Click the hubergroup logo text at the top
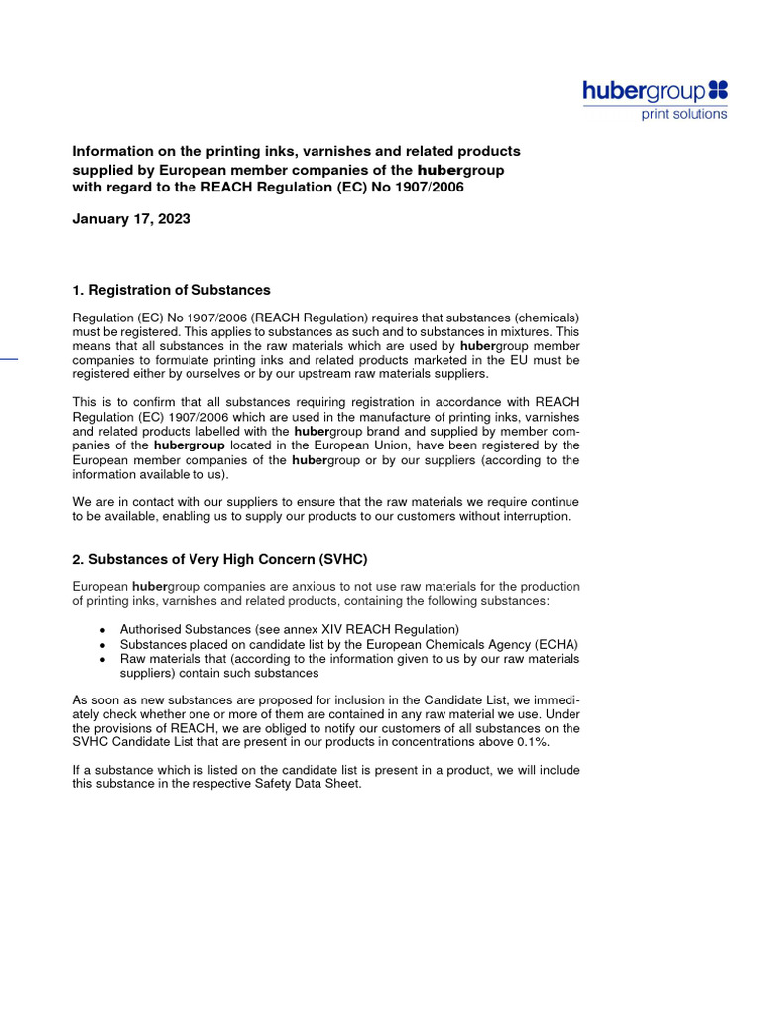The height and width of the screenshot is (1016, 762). [644, 92]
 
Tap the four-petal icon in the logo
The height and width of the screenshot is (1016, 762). [718, 91]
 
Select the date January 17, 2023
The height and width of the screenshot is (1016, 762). [131, 219]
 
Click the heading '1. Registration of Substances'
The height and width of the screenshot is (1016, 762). [172, 290]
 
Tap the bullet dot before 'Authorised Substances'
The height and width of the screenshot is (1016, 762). [104, 630]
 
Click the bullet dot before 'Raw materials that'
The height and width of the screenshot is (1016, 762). [104, 659]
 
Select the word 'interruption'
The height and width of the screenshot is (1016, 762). [537, 516]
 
